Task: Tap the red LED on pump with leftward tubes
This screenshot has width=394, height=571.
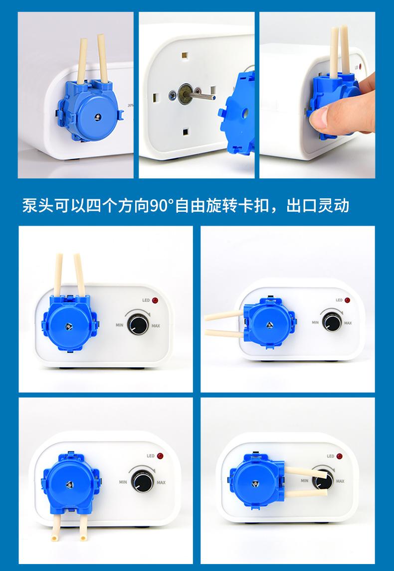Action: [x=347, y=300]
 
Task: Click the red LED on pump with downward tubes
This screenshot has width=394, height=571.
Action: [x=160, y=455]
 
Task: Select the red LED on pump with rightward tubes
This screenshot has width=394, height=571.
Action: [x=340, y=456]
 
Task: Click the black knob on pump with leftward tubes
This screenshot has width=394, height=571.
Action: [x=332, y=322]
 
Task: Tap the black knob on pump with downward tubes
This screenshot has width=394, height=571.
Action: [x=142, y=481]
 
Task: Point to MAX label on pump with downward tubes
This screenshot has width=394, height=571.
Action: [x=161, y=482]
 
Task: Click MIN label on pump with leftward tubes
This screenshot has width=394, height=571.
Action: [x=315, y=323]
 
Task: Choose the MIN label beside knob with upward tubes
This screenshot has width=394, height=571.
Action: [x=120, y=325]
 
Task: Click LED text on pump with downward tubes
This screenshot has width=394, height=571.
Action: [x=151, y=456]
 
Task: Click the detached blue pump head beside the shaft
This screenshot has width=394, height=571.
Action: [x=237, y=113]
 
